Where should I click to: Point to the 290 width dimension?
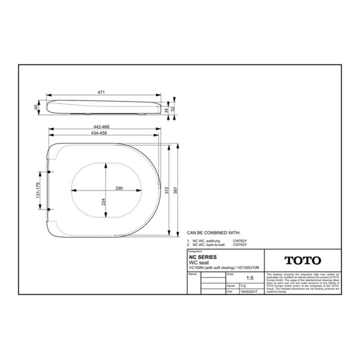click(119, 188)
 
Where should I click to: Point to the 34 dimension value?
click(166, 109)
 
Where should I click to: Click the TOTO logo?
click(302, 261)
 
